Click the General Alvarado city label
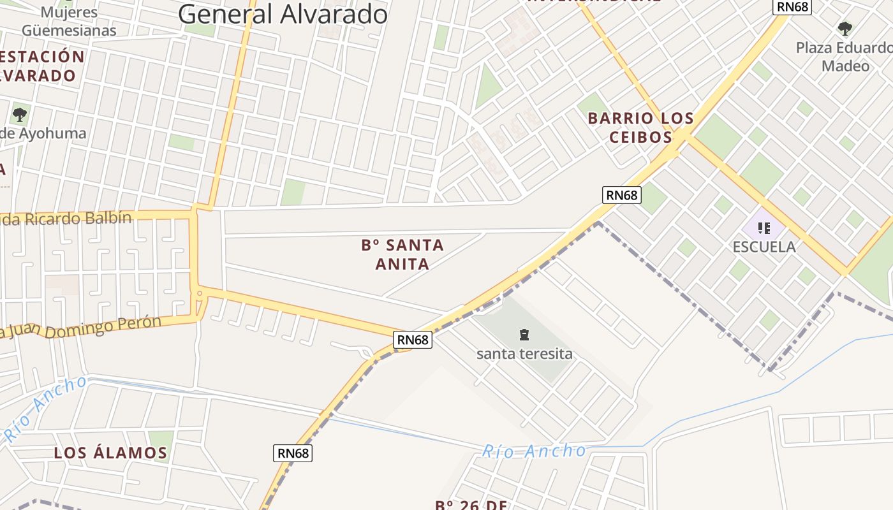(283, 14)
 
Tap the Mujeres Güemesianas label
(69, 21)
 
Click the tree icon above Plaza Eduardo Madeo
(845, 28)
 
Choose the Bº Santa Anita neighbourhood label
(402, 254)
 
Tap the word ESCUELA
(764, 247)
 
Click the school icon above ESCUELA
(764, 228)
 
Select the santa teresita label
(524, 354)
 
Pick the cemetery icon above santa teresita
(524, 335)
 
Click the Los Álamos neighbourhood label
(110, 453)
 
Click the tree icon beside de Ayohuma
(20, 115)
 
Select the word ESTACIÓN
(42, 56)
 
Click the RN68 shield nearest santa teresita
(413, 340)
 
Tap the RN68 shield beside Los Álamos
(293, 453)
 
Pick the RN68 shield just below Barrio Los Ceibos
(622, 195)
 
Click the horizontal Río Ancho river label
(533, 451)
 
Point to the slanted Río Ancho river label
(46, 408)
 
